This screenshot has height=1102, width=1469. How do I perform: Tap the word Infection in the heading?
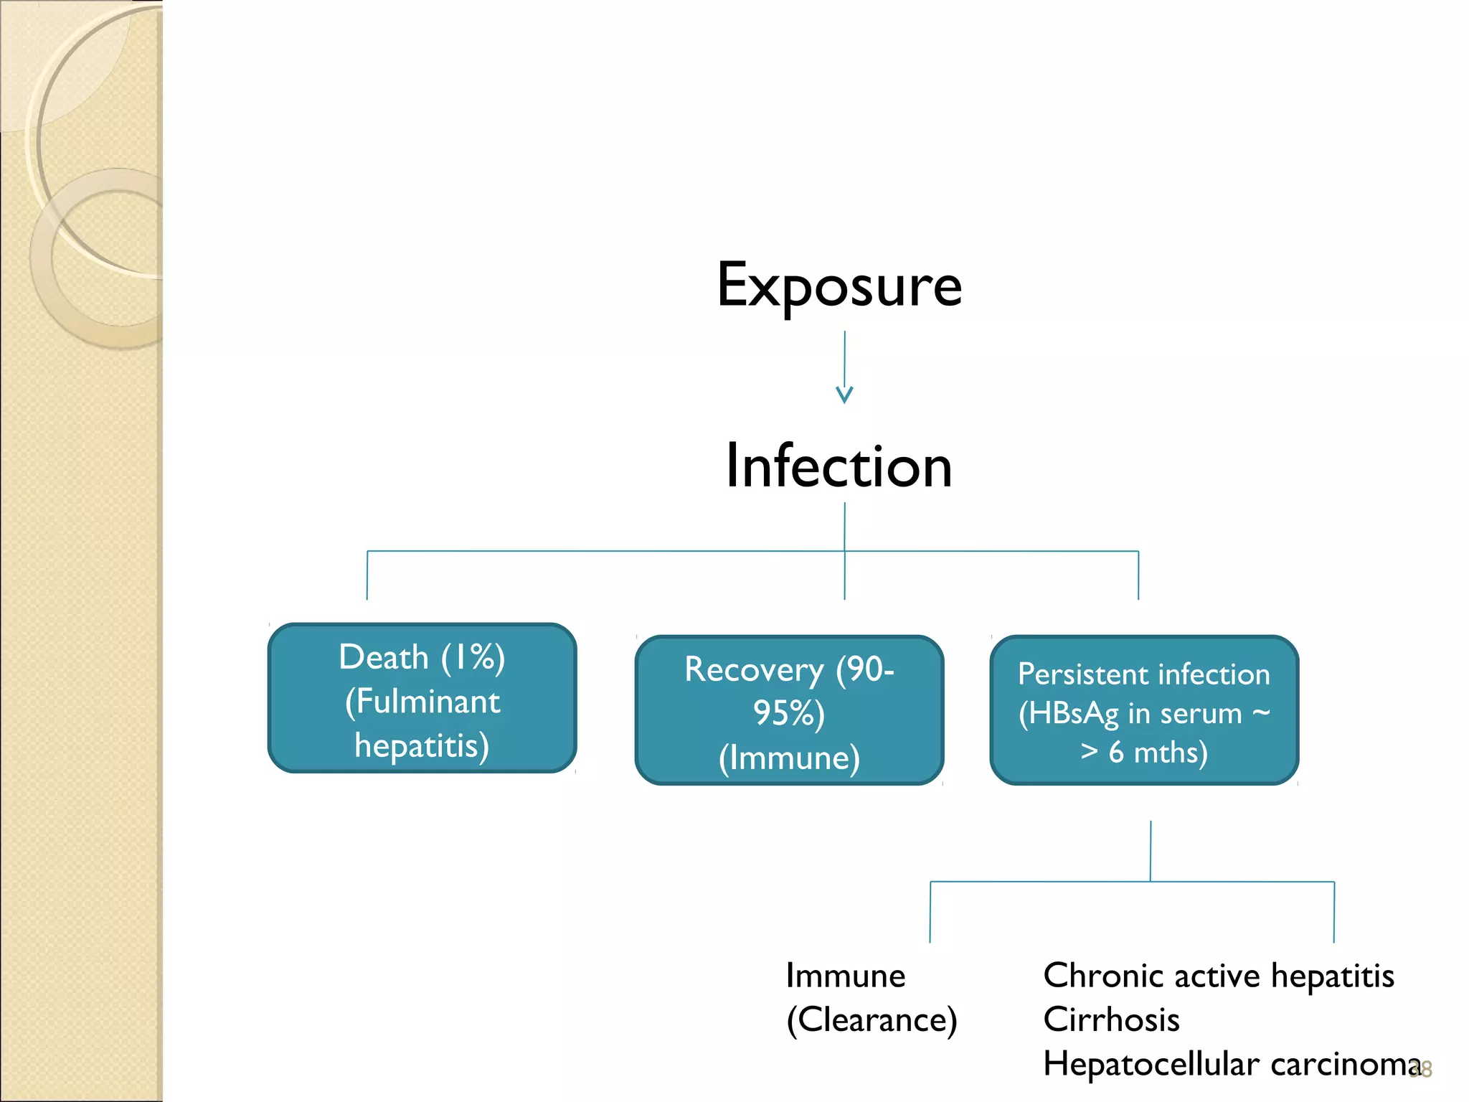click(839, 466)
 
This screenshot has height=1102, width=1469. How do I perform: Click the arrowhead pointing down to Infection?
click(844, 395)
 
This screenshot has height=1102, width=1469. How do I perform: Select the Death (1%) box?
click(422, 697)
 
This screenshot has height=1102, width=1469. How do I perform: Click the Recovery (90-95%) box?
click(789, 710)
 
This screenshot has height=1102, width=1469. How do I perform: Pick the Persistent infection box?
click(1144, 710)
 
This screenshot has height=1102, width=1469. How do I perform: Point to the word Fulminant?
click(428, 702)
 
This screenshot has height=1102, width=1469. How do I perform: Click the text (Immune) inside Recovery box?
click(789, 758)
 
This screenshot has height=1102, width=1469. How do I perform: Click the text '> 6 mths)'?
click(1144, 753)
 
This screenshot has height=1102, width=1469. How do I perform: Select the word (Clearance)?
click(872, 1019)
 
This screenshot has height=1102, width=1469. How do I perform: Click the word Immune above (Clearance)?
click(845, 976)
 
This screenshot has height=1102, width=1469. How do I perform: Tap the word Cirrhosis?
click(1111, 1019)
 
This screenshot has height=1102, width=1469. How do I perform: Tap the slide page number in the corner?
click(1422, 1070)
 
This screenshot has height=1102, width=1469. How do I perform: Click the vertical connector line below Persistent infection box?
click(1151, 850)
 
